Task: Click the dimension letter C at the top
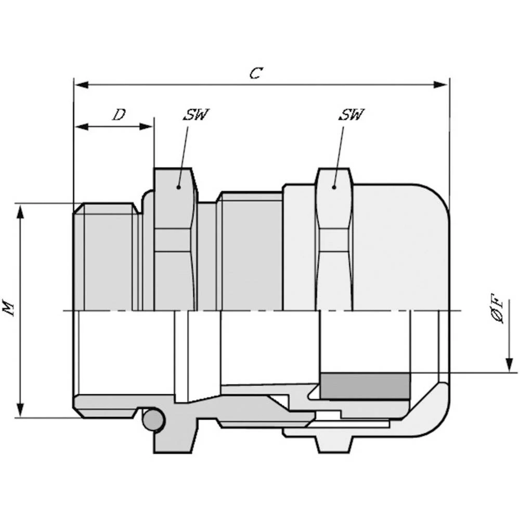(256, 73)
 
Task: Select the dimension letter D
(119, 115)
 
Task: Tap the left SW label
(196, 114)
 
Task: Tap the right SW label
(351, 114)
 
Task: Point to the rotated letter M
(9, 307)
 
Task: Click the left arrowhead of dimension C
(82, 85)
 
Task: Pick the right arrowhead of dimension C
(440, 85)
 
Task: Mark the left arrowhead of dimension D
(82, 126)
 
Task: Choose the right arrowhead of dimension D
(146, 126)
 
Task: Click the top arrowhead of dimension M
(21, 212)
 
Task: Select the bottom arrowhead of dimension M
(21, 409)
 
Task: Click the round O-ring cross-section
(153, 420)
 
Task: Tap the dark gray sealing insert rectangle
(365, 386)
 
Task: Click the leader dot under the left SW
(178, 187)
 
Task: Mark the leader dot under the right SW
(334, 187)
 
